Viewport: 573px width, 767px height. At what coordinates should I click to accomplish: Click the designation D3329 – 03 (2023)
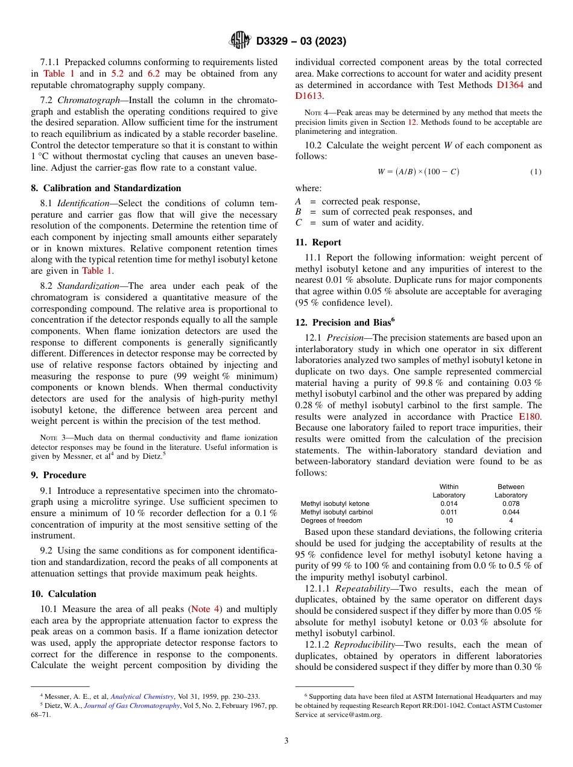point(301,41)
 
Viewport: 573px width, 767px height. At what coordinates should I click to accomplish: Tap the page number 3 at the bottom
point(286,740)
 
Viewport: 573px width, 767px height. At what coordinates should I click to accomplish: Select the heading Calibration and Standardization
point(111,188)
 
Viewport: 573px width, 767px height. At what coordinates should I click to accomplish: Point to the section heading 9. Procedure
point(59,475)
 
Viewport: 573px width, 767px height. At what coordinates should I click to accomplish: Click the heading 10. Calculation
point(63,594)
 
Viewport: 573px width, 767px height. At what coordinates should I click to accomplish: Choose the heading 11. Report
point(318,242)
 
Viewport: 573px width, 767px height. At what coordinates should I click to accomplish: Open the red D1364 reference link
point(510,85)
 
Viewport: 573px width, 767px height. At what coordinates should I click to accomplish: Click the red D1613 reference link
point(308,96)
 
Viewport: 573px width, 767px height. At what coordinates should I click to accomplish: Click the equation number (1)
point(536,172)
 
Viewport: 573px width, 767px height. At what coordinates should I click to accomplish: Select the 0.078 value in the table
point(510,503)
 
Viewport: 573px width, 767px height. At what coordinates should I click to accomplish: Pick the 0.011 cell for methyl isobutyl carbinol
point(449,512)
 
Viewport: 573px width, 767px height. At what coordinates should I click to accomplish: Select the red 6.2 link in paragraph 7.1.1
point(154,74)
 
